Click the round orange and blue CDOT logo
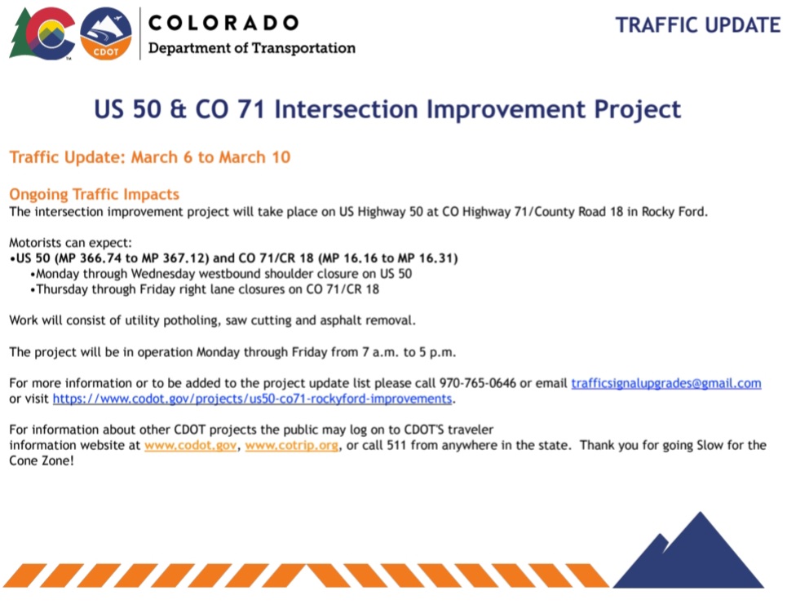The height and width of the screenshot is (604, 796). [x=106, y=34]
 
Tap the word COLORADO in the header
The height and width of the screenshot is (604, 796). [x=223, y=23]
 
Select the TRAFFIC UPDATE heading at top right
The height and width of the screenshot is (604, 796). [x=698, y=25]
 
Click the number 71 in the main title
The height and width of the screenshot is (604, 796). [x=250, y=109]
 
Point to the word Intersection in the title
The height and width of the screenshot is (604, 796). [x=347, y=109]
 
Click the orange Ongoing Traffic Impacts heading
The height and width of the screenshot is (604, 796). [x=95, y=194]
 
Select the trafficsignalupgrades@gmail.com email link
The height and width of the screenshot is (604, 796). [x=666, y=383]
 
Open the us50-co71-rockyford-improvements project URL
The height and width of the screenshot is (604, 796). [x=252, y=399]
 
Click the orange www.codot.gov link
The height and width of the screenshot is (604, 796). [x=191, y=445]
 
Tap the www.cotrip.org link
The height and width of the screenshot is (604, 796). [x=292, y=445]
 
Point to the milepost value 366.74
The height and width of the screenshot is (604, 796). [x=100, y=258]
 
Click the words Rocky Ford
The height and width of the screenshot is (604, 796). [x=674, y=212]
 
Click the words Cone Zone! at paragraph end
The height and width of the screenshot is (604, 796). [x=42, y=461]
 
